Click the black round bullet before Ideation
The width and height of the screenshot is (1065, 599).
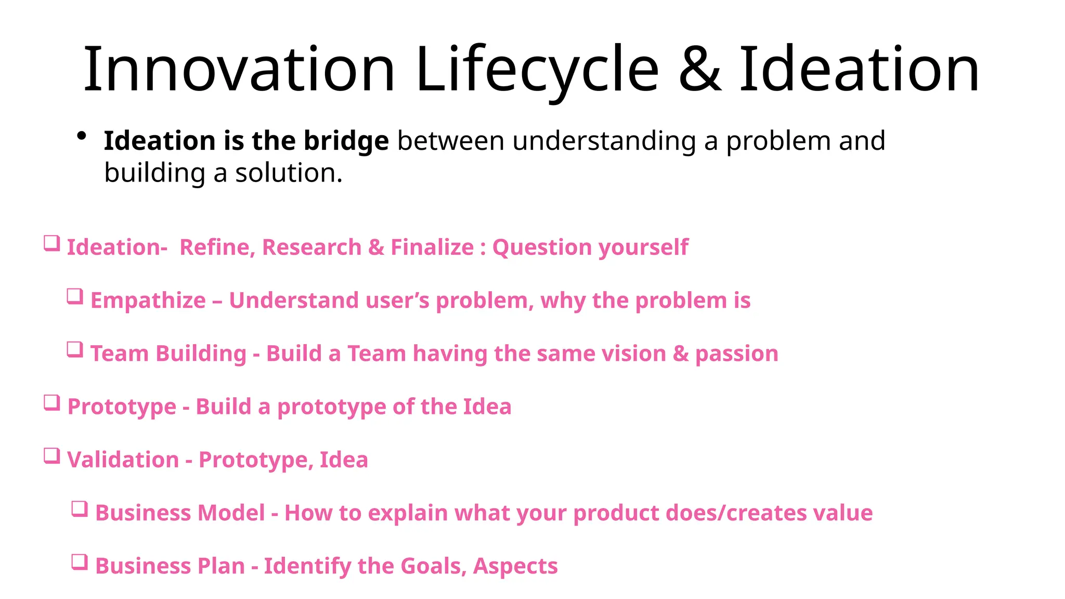pos(81,137)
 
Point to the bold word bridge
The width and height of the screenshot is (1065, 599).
pos(346,141)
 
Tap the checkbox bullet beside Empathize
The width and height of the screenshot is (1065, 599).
pos(75,297)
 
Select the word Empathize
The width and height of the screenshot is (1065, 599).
pos(148,301)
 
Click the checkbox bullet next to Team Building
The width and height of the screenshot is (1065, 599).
pos(75,350)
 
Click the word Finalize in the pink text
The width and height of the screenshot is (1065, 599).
pos(432,247)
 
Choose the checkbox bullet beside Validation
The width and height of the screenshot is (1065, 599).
pos(51,456)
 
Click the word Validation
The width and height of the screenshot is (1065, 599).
pos(123,460)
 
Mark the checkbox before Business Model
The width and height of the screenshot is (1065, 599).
pos(80,509)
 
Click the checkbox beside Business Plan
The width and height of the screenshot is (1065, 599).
pos(80,562)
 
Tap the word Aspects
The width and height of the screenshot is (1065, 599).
pos(515,566)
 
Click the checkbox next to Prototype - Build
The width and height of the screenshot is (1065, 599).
pos(51,403)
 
